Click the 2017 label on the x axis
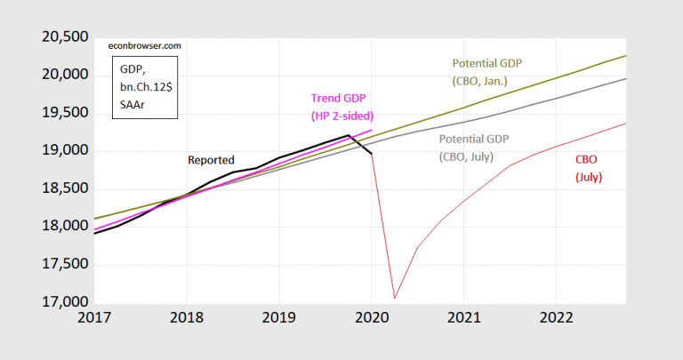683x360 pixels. pos(93,317)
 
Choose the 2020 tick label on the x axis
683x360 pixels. pos(371,317)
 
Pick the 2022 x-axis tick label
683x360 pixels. pos(555,317)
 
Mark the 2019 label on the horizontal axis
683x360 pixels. pos(278,317)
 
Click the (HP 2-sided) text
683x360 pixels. pos(341,116)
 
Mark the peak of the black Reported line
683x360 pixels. pos(348,135)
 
